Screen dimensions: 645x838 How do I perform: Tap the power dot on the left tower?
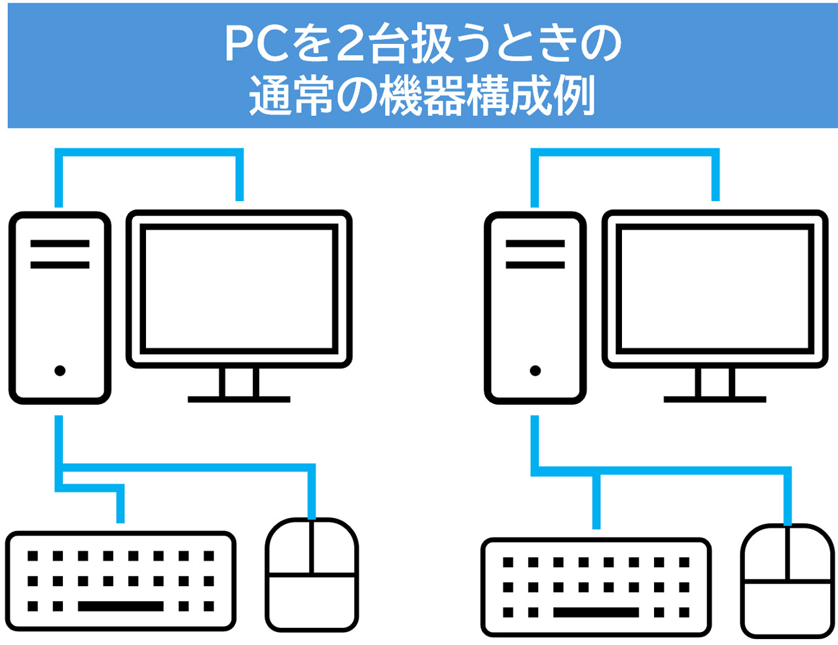click(x=60, y=371)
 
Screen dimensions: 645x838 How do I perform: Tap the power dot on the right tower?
click(x=535, y=371)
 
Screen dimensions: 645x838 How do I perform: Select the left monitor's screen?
click(x=239, y=288)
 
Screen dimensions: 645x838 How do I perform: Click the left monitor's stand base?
click(x=239, y=398)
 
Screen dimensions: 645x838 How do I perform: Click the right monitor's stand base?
click(x=714, y=398)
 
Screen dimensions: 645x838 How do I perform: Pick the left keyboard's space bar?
click(x=120, y=606)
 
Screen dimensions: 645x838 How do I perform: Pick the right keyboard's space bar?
click(x=596, y=612)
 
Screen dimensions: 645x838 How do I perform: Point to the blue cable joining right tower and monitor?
click(x=625, y=153)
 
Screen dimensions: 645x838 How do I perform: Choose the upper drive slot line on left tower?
click(x=60, y=244)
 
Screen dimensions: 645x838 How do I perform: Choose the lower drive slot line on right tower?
click(x=535, y=265)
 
